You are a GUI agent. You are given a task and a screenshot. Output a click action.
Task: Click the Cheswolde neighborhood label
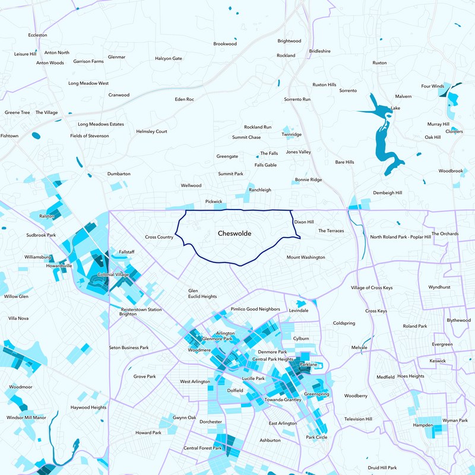pos(234,234)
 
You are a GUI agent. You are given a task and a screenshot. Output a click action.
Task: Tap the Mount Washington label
pos(306,258)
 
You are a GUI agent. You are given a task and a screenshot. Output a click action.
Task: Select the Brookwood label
pos(225,44)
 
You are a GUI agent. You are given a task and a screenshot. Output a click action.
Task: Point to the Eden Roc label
pos(185,99)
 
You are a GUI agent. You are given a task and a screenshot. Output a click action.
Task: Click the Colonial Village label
pos(113,275)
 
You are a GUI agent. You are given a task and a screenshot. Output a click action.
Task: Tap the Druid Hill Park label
pos(382,468)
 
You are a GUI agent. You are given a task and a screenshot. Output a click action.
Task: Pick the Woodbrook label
pos(451,171)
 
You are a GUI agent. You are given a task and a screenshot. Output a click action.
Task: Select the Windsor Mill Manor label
pos(26,417)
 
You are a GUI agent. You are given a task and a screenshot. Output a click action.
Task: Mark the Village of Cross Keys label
pos(372,288)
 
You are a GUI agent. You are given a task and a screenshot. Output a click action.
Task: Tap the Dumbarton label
pos(119,174)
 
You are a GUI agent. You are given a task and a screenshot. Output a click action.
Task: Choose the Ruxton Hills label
pos(324,85)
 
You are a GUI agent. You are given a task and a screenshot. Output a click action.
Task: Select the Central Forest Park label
pos(202,448)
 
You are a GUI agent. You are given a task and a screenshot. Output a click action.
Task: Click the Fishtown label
pos(9,136)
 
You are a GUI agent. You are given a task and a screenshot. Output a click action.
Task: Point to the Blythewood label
pos(458,320)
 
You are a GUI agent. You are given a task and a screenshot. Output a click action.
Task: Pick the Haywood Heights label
pos(88,407)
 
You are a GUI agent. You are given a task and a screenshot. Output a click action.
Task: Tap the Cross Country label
pos(159,237)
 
